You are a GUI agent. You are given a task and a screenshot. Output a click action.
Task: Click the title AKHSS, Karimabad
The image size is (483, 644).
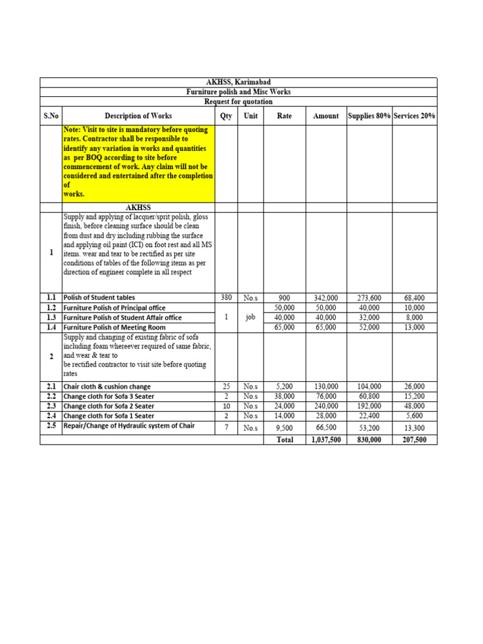pyautogui.click(x=238, y=82)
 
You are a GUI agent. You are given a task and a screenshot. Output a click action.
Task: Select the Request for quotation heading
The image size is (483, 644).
pyautogui.click(x=238, y=101)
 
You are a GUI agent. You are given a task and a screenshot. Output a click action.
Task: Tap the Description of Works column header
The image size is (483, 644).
pyautogui.click(x=138, y=116)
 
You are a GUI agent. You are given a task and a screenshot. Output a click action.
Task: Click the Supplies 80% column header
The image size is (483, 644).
pyautogui.click(x=369, y=116)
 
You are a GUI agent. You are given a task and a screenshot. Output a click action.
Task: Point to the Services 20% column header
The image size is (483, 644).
pyautogui.click(x=414, y=116)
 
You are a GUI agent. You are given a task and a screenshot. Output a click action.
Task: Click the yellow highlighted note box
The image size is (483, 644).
pyautogui.click(x=138, y=162)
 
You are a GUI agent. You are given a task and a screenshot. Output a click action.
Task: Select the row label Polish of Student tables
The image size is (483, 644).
pyautogui.click(x=99, y=297)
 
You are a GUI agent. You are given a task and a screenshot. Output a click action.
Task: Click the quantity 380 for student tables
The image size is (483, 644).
pyautogui.click(x=226, y=297)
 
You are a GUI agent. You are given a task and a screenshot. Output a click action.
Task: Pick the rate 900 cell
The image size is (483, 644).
pyautogui.click(x=284, y=297)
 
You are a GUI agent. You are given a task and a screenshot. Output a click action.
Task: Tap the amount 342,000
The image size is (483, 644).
pyautogui.click(x=326, y=297)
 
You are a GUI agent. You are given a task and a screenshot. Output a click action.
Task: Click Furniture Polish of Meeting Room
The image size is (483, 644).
pyautogui.click(x=114, y=328)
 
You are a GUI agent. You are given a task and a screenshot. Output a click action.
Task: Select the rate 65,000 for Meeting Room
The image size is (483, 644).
pyautogui.click(x=284, y=328)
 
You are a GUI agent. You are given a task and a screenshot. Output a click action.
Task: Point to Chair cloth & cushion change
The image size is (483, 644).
pyautogui.click(x=107, y=387)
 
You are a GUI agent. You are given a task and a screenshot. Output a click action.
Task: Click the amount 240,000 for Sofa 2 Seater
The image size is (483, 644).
pyautogui.click(x=326, y=406)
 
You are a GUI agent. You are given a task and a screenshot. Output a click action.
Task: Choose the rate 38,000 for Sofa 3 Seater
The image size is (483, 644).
pyautogui.click(x=284, y=396)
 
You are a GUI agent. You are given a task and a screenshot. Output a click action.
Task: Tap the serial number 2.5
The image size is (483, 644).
pyautogui.click(x=51, y=426)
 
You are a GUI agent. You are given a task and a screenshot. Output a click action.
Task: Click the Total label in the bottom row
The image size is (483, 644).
pyautogui.click(x=285, y=440)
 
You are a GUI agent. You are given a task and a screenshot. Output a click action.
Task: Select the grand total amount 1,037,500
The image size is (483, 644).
pyautogui.click(x=326, y=440)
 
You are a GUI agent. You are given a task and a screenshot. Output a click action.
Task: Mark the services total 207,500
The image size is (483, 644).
pyautogui.click(x=414, y=440)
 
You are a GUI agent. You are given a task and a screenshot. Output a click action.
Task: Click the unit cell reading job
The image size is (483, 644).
pyautogui.click(x=250, y=318)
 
